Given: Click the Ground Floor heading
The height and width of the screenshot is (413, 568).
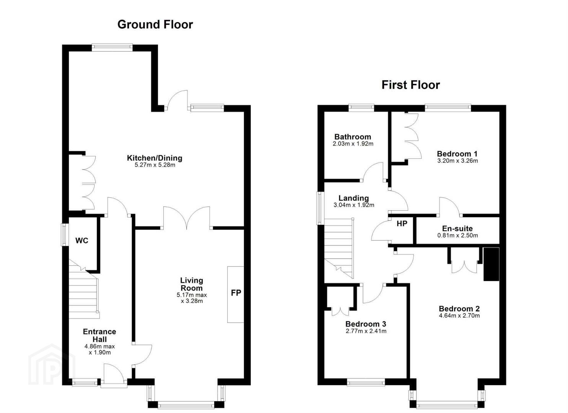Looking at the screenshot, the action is tap(155, 24).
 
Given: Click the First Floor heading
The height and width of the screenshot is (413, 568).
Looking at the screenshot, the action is tap(411, 85).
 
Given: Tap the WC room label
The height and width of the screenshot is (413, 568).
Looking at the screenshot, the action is tap(81, 241).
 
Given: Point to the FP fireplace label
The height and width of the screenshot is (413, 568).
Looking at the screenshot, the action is tap(236, 293).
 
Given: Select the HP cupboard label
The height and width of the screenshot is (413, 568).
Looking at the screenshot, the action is tap(402, 223).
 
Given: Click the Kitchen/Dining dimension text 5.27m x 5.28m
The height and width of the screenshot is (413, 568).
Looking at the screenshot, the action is tap(155, 165).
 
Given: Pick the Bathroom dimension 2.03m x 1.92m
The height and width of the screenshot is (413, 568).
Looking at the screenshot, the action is tap(353, 144).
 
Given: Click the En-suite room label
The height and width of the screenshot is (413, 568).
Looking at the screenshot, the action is tap(457, 228).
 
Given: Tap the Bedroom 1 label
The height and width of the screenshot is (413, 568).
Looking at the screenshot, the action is tap(457, 154).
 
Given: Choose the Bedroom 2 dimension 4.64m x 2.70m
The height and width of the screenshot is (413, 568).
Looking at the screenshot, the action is tap(459, 315).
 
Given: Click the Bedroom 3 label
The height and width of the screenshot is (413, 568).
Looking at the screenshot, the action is tap(366, 324).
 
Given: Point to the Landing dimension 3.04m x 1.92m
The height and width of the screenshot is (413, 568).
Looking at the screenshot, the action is tap(354, 205).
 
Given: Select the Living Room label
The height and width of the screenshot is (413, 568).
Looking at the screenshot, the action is tap(192, 284).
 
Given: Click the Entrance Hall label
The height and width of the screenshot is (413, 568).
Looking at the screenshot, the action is tap(99, 335).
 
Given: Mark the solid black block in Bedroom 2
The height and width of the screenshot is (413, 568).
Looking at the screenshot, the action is tap(492, 264).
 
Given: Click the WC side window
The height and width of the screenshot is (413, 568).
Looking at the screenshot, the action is tap(65, 235).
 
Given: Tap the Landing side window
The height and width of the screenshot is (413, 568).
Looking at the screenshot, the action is tap(321, 208).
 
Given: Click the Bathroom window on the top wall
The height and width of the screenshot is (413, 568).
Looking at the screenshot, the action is tap(361, 108).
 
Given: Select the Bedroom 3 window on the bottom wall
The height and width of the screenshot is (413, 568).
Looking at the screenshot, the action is tap(366, 382).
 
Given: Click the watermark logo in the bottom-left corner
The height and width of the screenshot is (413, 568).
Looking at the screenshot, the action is tap(52, 365).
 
